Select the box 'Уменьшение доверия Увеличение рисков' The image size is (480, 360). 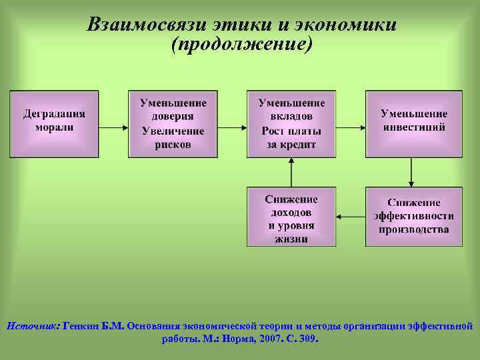[173, 124]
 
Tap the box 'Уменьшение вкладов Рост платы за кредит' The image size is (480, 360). [291, 124]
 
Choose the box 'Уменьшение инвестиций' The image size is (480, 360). [413, 124]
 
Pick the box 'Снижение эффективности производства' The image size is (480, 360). [413, 217]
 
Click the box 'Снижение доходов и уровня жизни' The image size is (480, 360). [291, 217]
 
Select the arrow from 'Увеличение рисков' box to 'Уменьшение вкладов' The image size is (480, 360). [232, 125]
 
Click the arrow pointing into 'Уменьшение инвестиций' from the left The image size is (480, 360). [351, 125]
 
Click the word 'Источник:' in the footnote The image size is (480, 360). [33, 326]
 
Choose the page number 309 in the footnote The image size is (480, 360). [310, 339]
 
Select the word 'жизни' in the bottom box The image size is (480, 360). [291, 238]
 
